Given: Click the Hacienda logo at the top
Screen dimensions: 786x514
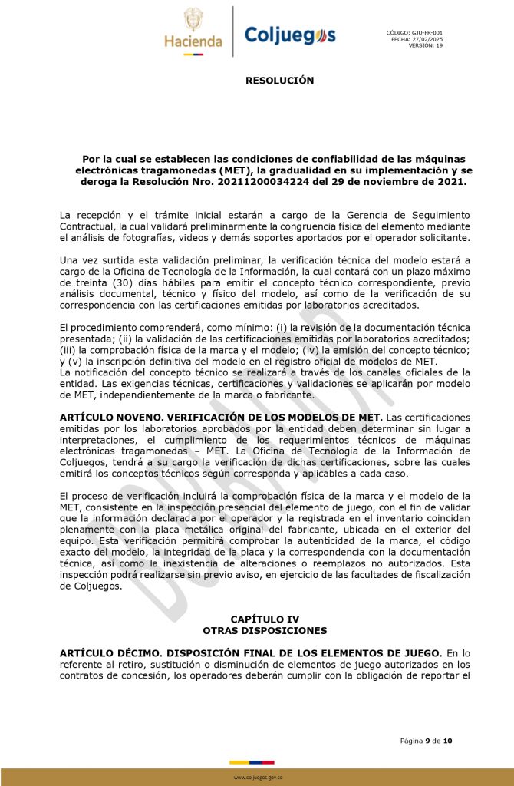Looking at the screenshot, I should [193, 31].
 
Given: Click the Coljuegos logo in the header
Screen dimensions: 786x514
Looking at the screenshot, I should [289, 35].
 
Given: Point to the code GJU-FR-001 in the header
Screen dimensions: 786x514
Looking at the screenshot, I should [427, 33].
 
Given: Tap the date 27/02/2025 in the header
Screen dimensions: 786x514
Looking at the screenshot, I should [427, 39].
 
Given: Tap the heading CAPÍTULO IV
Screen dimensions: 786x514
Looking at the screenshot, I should [265, 619].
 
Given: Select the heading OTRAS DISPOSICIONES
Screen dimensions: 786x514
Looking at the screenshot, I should [265, 630].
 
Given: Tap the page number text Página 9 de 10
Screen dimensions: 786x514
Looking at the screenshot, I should [426, 741].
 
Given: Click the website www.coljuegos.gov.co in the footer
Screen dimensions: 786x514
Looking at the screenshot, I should [258, 777].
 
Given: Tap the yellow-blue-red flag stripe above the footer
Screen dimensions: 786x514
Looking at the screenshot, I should [257, 763].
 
